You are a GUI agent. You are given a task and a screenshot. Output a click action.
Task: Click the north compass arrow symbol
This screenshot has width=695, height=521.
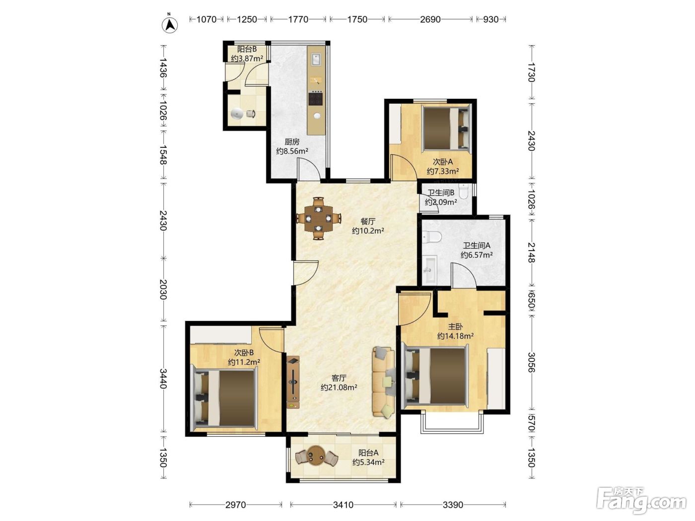170,24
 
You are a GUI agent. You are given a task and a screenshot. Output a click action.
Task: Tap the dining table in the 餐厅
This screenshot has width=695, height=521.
319,218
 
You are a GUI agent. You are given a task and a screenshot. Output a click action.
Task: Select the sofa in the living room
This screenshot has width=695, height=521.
384,381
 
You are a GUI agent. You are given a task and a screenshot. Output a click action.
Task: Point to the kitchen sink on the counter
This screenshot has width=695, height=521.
316,60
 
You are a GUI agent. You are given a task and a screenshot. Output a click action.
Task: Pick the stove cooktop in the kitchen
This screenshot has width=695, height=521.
316,98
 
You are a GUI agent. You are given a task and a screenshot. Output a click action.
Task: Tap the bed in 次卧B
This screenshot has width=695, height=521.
224,399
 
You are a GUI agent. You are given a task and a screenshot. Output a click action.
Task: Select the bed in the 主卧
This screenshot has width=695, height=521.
435,377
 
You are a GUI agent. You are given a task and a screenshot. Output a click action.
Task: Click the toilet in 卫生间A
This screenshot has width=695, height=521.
431,236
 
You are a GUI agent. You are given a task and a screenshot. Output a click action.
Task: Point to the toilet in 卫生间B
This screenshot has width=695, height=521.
463,191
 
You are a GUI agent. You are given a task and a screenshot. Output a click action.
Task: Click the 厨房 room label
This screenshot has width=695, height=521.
292,142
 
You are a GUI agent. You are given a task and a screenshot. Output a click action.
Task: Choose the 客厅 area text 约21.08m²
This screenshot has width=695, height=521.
339,387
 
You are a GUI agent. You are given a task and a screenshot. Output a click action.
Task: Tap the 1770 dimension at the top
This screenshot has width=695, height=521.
298,20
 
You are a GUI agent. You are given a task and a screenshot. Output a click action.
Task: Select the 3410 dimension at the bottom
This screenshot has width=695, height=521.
343,505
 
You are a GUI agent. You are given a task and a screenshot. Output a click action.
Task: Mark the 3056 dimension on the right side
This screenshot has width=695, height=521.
532,362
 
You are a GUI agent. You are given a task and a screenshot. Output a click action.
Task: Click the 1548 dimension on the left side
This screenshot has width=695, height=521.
163,155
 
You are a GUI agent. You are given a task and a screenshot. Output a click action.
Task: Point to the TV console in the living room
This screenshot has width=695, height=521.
293,383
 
